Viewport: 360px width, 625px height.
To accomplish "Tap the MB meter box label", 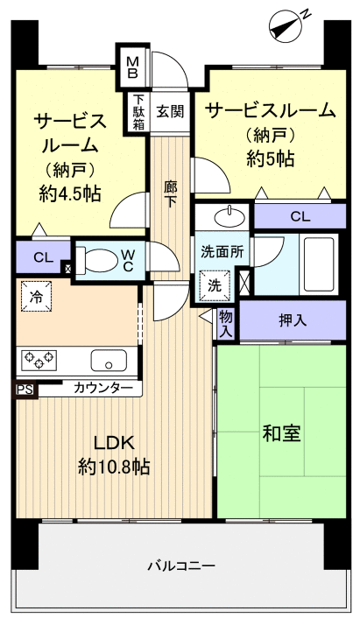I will click(x=133, y=67).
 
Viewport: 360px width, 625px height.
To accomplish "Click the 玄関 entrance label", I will click(x=170, y=111).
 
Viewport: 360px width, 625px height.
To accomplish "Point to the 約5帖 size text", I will click(x=270, y=158).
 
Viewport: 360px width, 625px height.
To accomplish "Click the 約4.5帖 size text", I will click(x=70, y=193).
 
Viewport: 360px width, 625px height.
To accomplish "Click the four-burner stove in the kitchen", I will click(x=39, y=360).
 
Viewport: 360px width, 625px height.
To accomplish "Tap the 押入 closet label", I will click(x=293, y=320).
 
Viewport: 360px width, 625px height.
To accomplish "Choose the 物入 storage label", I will click(x=225, y=321).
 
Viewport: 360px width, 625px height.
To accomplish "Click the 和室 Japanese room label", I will click(x=281, y=432).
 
